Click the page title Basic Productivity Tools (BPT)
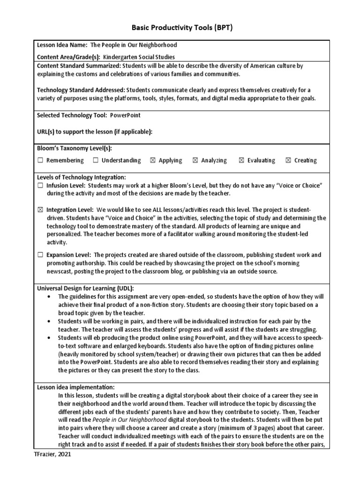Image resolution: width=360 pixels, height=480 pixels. (180, 28)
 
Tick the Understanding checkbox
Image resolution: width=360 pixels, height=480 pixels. (96, 160)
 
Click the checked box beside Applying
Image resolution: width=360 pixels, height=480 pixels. (152, 160)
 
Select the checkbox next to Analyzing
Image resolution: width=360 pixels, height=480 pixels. (195, 160)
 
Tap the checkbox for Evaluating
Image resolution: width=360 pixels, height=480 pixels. (241, 160)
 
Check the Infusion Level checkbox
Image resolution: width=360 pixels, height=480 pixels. (40, 186)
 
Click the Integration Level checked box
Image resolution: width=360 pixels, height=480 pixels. (40, 210)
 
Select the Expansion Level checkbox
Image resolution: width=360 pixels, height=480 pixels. (40, 255)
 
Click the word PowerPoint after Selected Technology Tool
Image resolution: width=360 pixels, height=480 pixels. (125, 115)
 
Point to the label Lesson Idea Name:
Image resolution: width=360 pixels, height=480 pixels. (62, 45)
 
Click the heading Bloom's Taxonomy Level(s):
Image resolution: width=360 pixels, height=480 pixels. (75, 149)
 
